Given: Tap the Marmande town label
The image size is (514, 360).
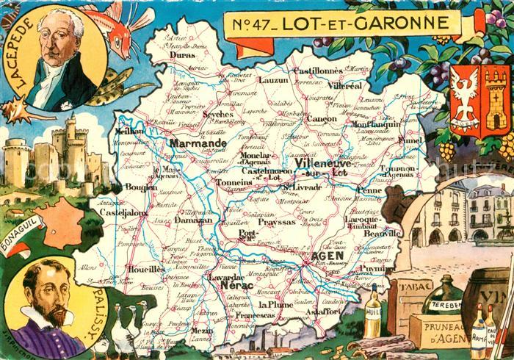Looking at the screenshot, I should [x=198, y=143].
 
